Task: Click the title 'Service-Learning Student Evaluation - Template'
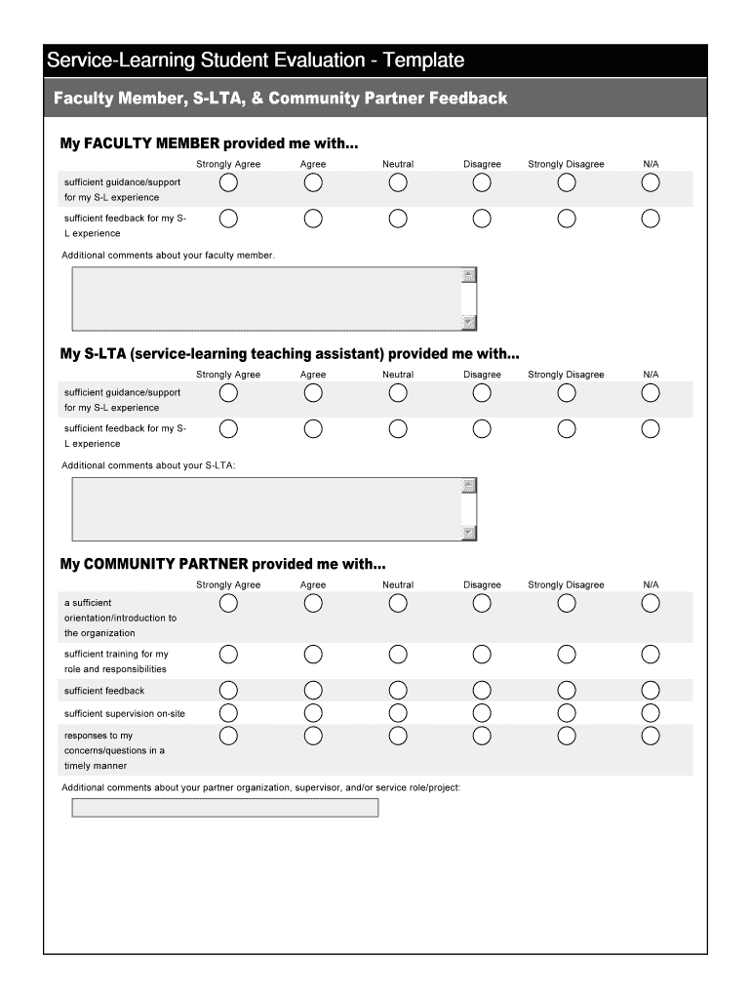click(x=256, y=60)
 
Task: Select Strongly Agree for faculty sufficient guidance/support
click(x=228, y=182)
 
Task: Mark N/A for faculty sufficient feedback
click(x=651, y=219)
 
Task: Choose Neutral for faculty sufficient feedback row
click(x=398, y=219)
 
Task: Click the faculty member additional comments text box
click(x=265, y=299)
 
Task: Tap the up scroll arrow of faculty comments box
click(x=469, y=275)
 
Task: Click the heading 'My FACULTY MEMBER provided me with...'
click(x=210, y=143)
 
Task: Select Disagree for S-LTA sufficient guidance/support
click(x=482, y=393)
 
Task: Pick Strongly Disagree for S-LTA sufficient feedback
click(x=567, y=428)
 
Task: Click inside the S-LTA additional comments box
click(x=265, y=508)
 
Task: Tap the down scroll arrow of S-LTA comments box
click(x=469, y=533)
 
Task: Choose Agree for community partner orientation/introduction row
click(x=313, y=603)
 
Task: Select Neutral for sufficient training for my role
click(x=398, y=654)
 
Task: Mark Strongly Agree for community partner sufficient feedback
click(x=228, y=691)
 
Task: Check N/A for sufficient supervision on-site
click(x=651, y=713)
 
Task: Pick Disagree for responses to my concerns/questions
click(x=482, y=735)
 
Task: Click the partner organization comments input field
click(x=224, y=808)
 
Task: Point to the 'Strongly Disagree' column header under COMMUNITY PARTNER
click(x=566, y=585)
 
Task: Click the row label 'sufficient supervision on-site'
click(x=125, y=714)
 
